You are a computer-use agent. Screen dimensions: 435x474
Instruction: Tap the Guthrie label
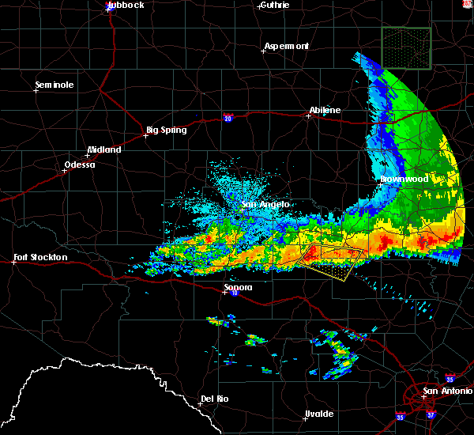tap(273, 5)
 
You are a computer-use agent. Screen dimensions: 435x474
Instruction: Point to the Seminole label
tap(55, 85)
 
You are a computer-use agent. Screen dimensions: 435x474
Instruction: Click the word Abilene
tap(325, 110)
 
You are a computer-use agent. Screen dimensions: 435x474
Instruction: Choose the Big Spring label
tap(167, 130)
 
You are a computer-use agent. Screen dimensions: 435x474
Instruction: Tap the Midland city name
tap(104, 149)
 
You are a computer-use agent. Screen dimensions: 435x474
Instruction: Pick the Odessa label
tap(79, 165)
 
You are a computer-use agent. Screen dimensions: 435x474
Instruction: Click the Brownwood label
tap(404, 180)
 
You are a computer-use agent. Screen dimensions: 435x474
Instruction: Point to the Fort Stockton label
tap(40, 257)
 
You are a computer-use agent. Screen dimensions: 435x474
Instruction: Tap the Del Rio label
tap(215, 399)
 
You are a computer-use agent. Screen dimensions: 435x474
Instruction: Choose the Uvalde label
tap(318, 414)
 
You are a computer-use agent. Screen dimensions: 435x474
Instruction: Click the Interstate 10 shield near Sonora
tap(235, 293)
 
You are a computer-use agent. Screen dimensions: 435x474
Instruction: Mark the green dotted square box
tap(406, 47)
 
